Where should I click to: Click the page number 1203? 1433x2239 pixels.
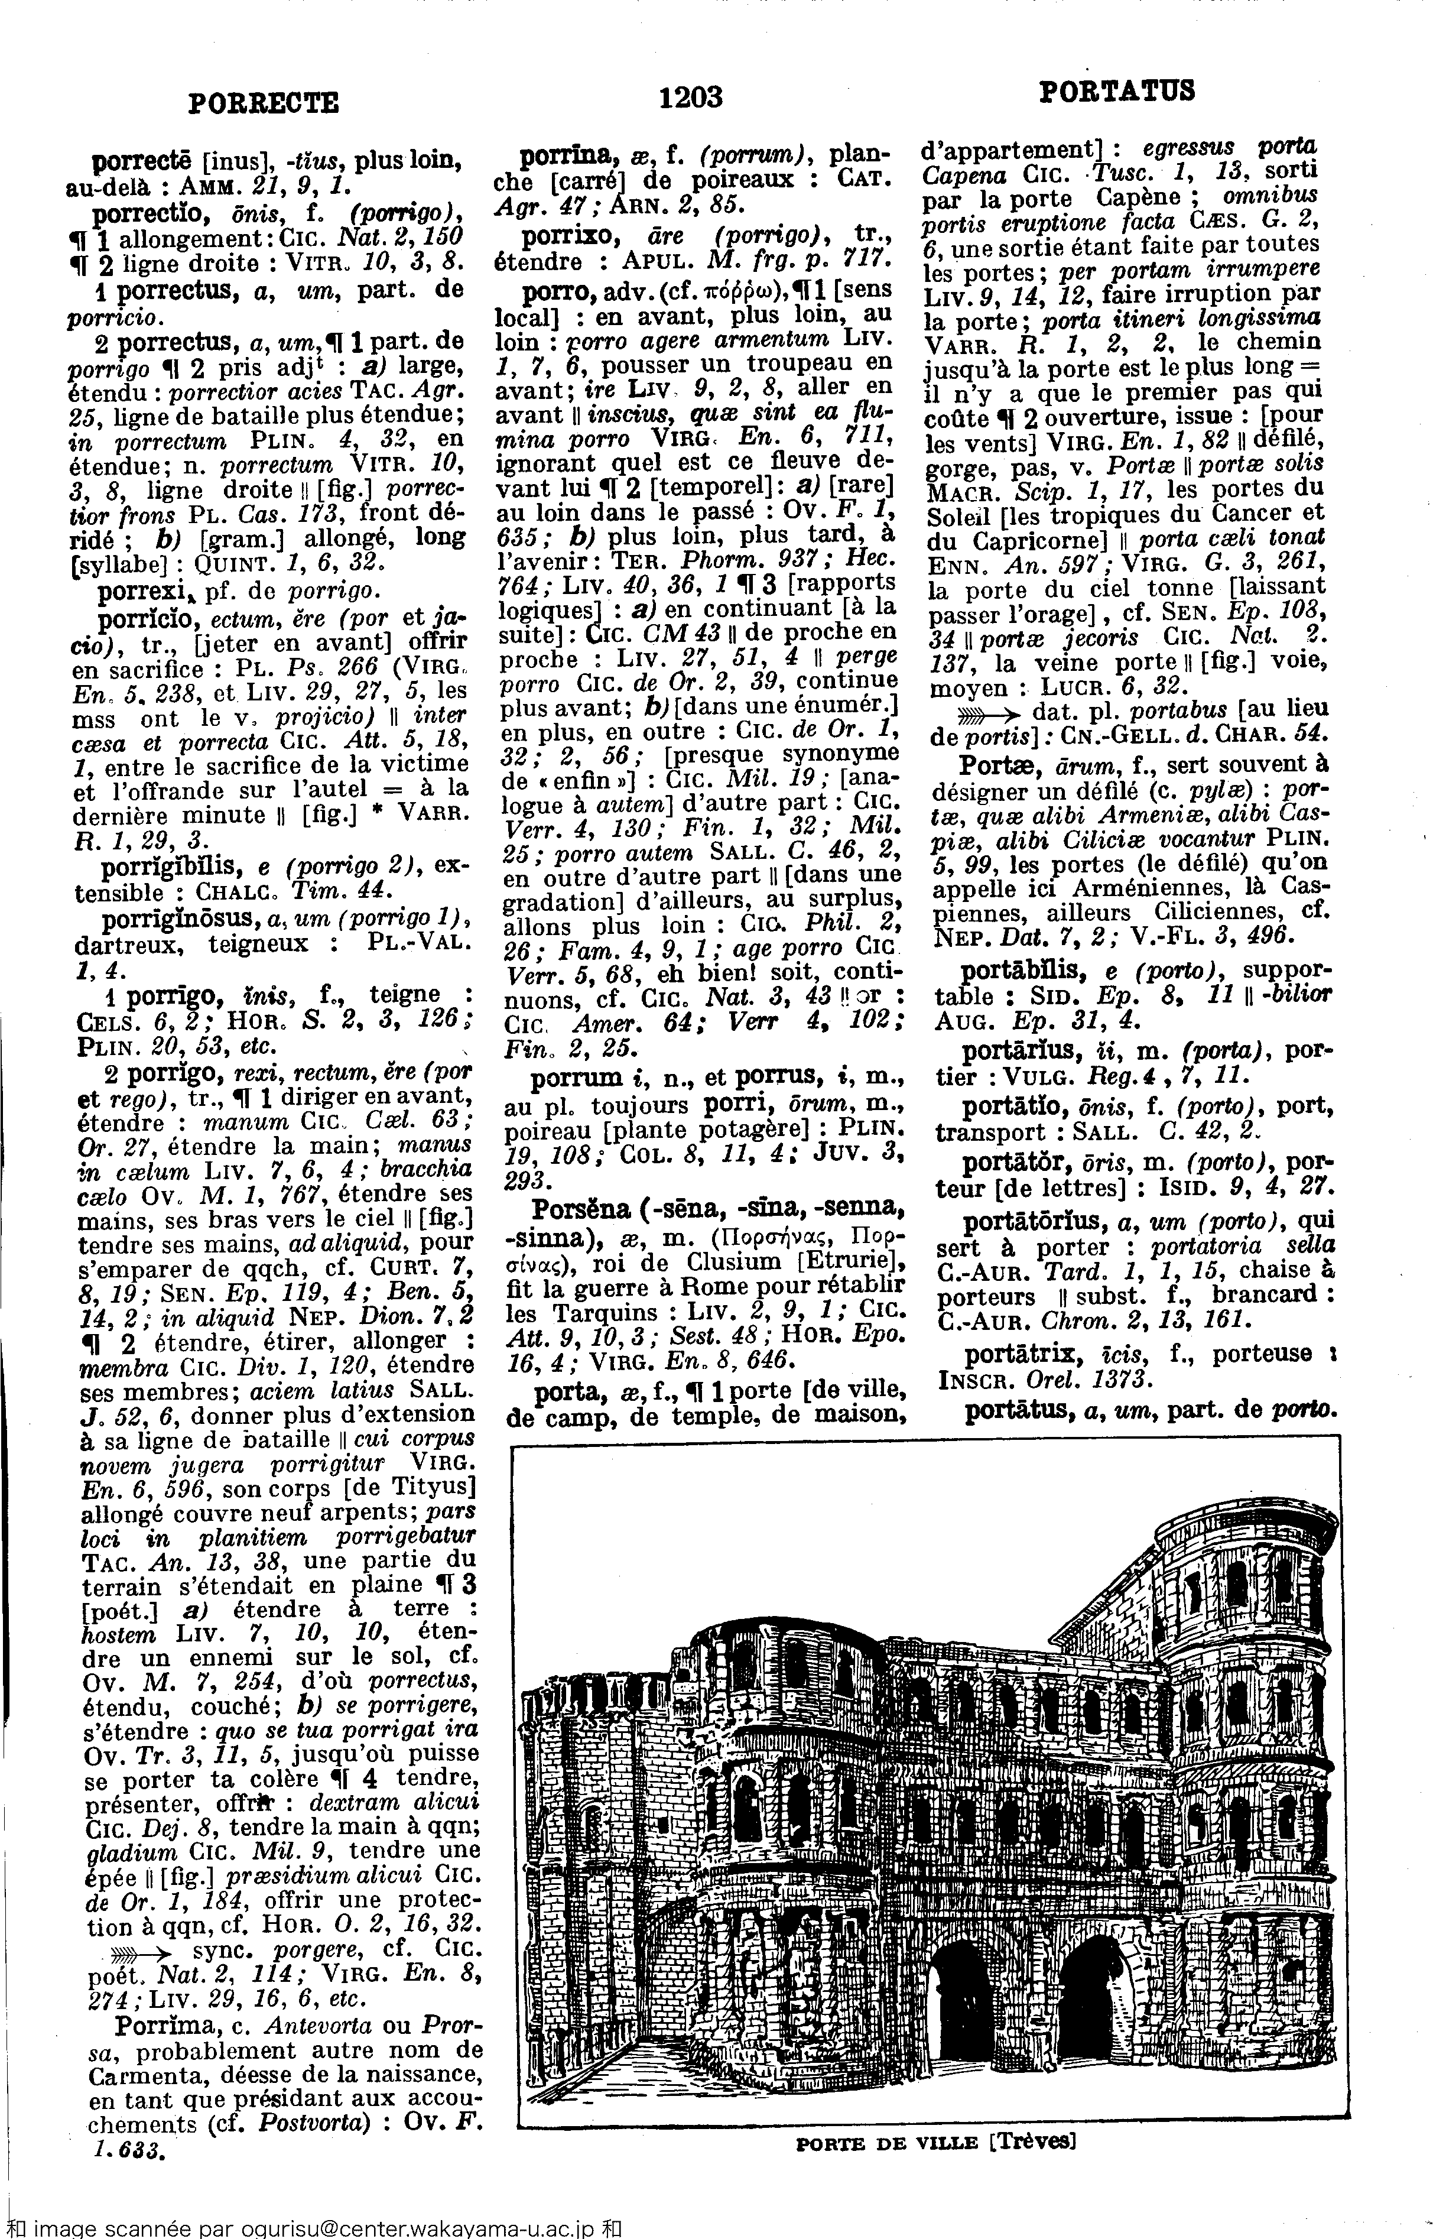click(x=690, y=96)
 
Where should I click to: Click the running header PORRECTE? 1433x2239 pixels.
click(x=264, y=100)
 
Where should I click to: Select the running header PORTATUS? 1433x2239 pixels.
click(x=1116, y=90)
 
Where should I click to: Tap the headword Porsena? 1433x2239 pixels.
click(x=581, y=1211)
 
